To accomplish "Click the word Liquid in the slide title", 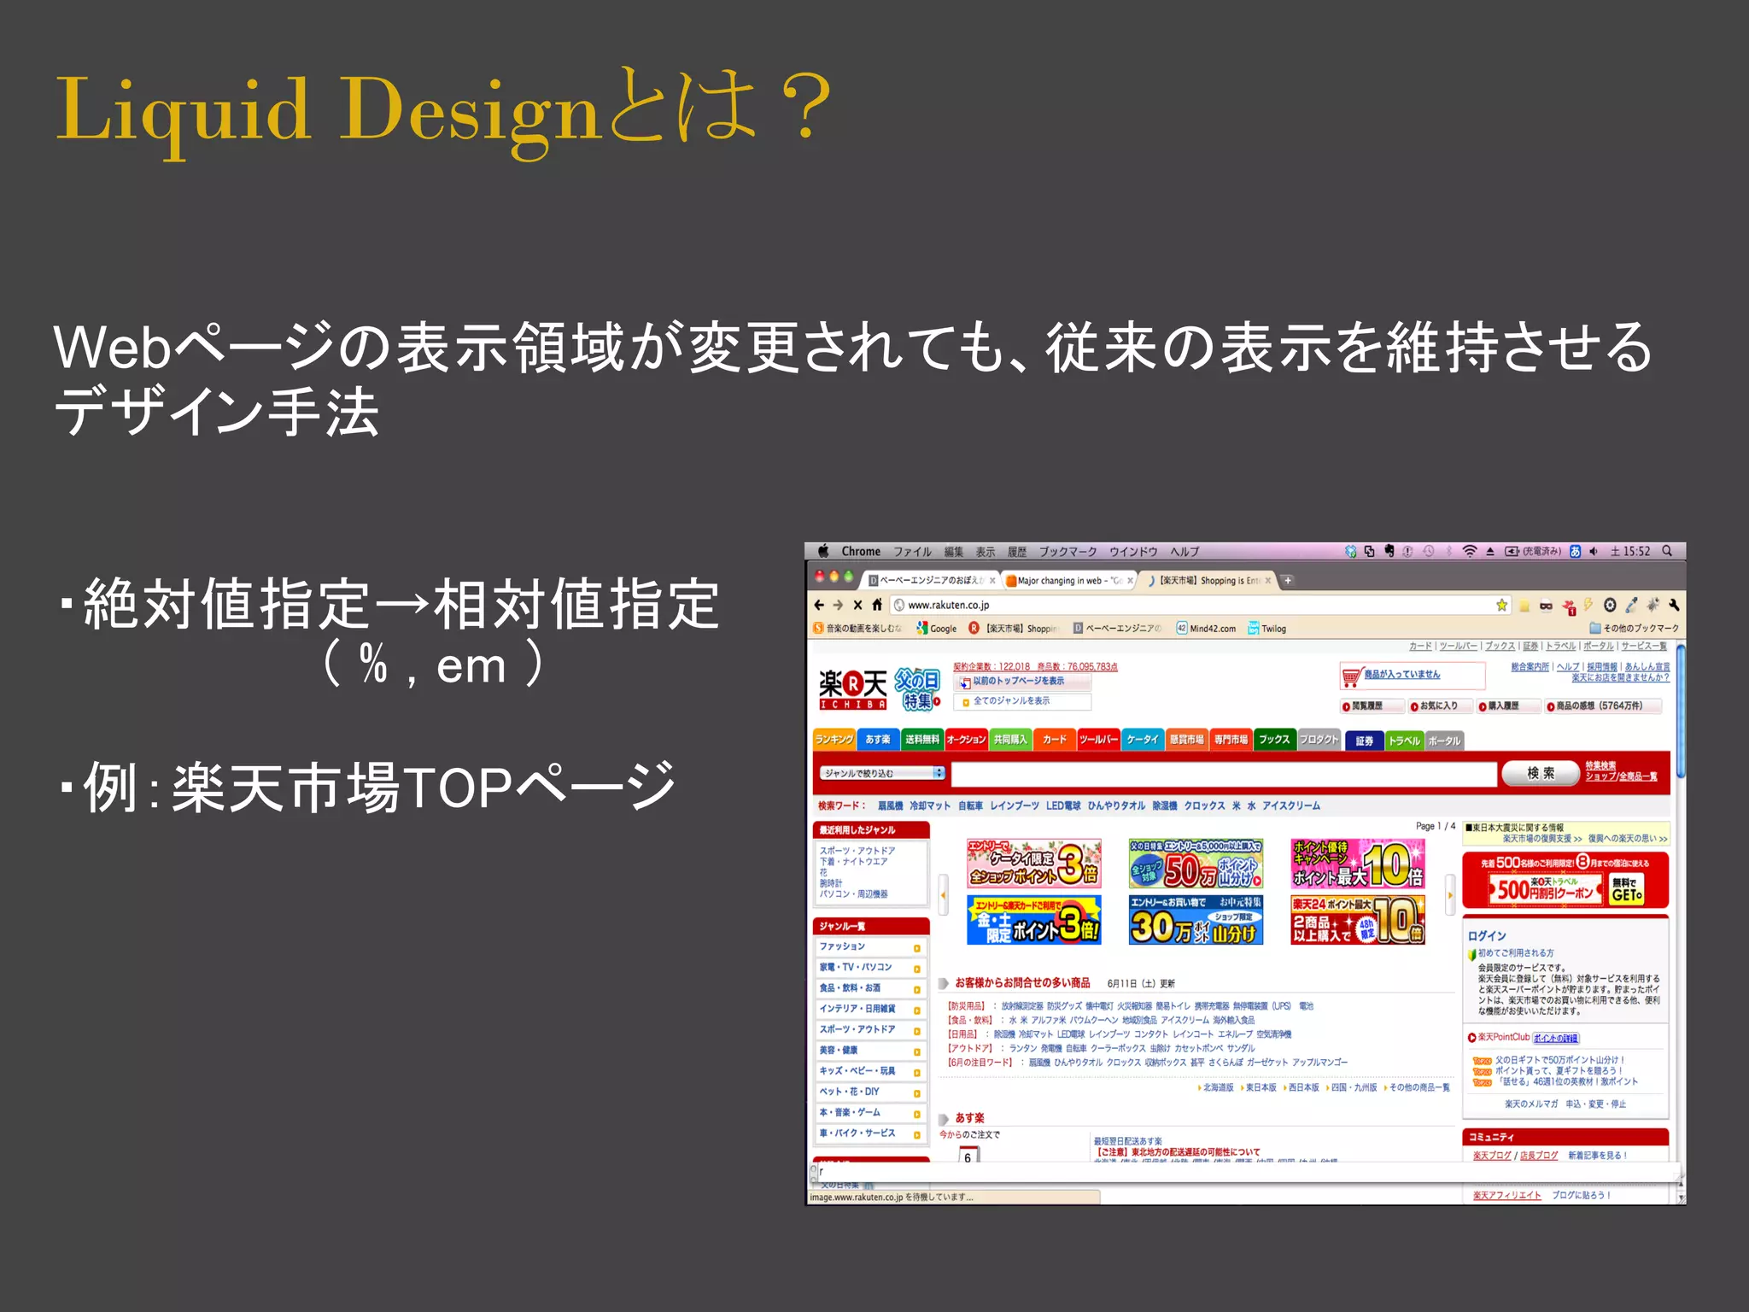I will (x=183, y=111).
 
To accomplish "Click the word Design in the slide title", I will (x=469, y=111).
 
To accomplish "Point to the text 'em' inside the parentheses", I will (x=471, y=666).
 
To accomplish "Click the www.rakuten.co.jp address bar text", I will (x=948, y=606).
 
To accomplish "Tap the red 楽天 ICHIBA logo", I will (x=852, y=688).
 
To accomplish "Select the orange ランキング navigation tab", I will (x=834, y=740).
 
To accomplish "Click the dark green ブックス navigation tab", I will (x=1274, y=740).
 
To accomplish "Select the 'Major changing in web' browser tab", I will (x=1068, y=581).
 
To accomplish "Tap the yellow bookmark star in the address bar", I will (x=1501, y=606).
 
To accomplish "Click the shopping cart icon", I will (x=1350, y=676).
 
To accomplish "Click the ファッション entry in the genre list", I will (x=843, y=946).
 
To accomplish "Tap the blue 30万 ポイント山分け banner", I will (x=1195, y=921).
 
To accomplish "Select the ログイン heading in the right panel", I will (x=1487, y=936).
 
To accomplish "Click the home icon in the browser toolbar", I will (x=877, y=606).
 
